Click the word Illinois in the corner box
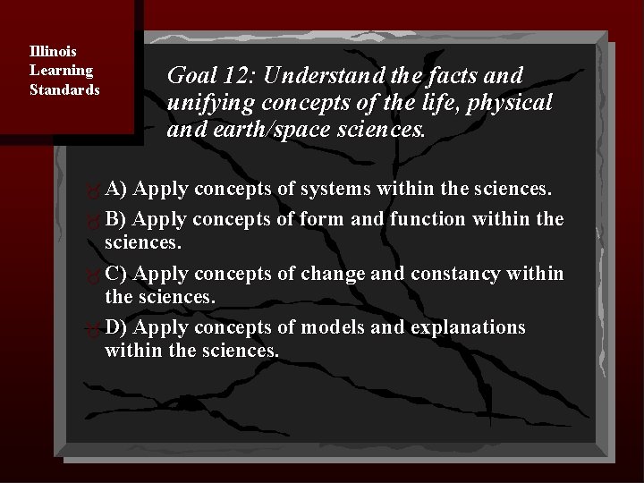click(53, 51)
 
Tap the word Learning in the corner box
click(61, 70)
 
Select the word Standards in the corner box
click(64, 89)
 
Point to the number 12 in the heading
click(240, 77)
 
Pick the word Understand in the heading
click(318, 77)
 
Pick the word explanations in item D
click(467, 327)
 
